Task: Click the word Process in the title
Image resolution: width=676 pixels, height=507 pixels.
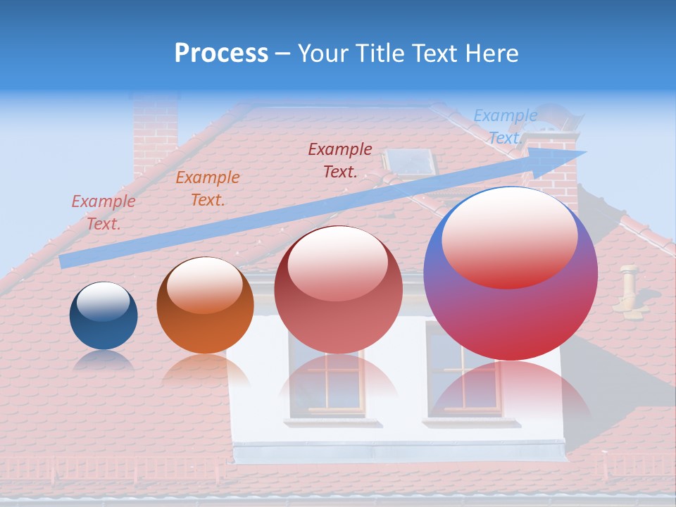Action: pos(221,54)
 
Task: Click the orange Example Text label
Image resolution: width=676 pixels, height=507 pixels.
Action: pos(208,189)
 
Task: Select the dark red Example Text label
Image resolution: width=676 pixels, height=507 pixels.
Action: pos(340,160)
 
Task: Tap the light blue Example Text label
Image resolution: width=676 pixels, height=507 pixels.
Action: pos(505,127)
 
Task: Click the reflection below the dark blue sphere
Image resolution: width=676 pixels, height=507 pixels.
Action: pos(104,360)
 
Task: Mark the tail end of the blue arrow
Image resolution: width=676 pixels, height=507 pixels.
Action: pos(65,261)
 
